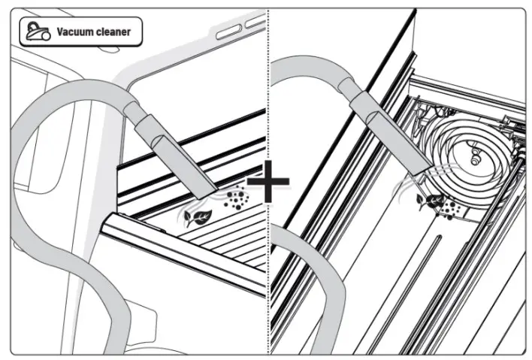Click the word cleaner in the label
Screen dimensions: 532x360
112,32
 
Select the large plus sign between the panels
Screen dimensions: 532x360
268,183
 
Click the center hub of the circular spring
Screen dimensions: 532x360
474,156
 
